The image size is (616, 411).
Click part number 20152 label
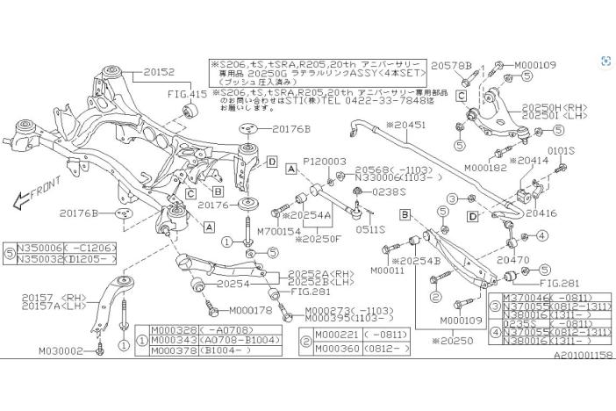159,72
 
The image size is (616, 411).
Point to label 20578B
452,67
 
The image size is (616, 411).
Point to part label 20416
541,213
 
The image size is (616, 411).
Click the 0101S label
559,151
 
